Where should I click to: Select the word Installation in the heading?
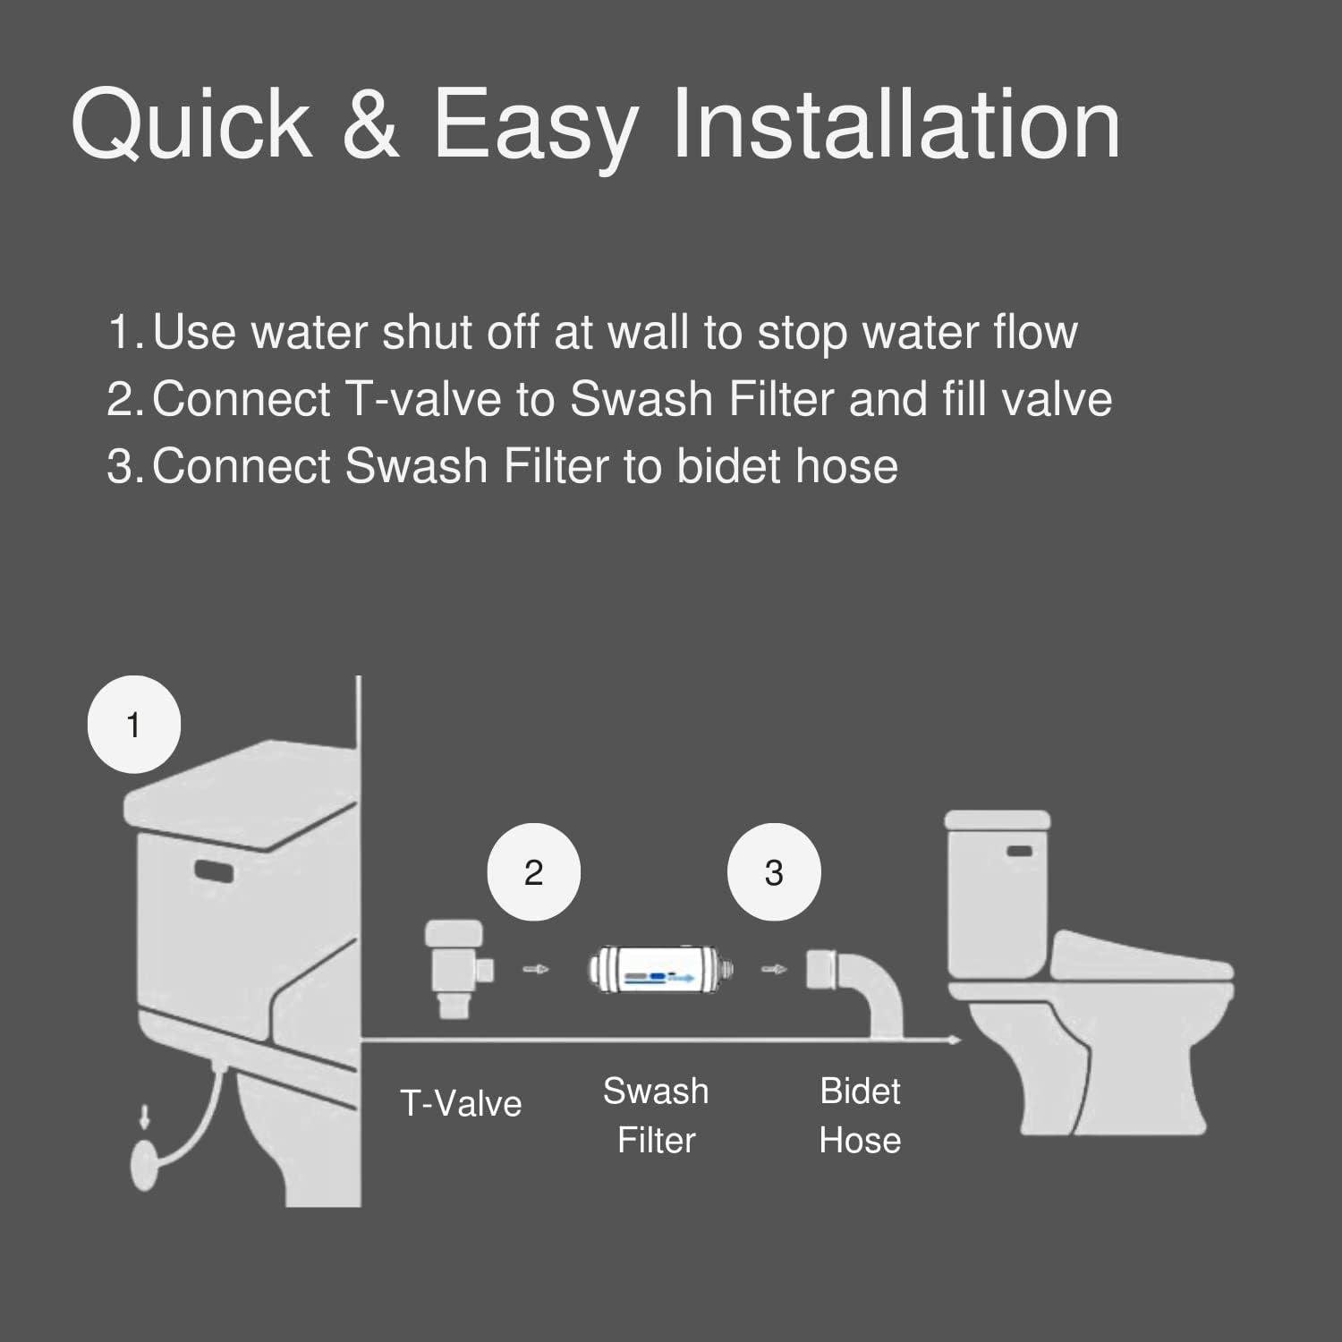[896, 125]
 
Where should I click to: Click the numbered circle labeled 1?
[134, 725]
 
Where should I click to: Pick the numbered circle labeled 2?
[534, 872]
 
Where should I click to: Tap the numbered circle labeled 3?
[774, 872]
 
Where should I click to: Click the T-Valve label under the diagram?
[460, 1103]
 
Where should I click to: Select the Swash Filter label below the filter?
[656, 1116]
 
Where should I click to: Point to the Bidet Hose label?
[860, 1116]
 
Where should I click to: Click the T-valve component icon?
[454, 968]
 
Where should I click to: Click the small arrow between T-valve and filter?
[535, 968]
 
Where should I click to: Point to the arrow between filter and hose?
[774, 968]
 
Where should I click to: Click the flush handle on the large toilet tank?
[213, 869]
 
